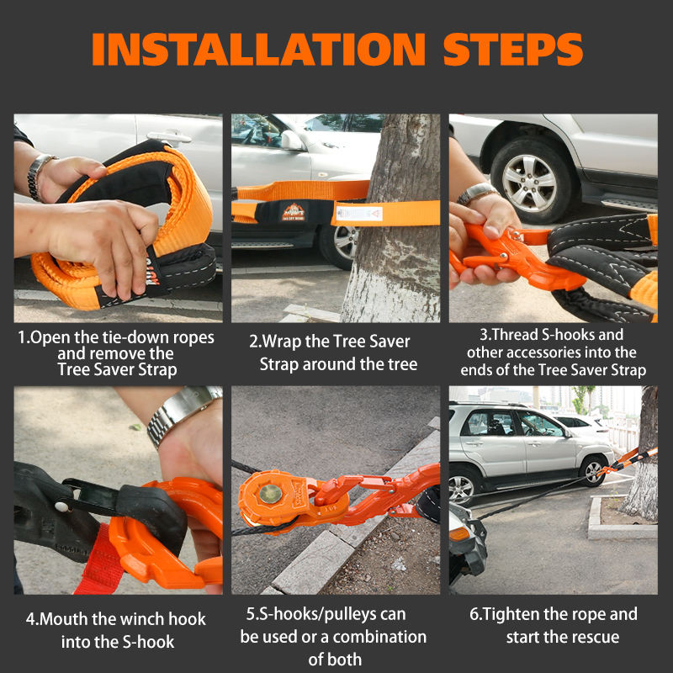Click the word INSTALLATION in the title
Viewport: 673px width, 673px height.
(258, 49)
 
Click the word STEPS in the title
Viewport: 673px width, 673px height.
(513, 49)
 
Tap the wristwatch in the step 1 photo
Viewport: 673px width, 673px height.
(39, 177)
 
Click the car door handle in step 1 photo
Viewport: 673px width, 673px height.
(169, 136)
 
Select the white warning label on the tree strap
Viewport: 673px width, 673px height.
(359, 214)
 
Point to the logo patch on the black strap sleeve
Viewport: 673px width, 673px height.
(294, 213)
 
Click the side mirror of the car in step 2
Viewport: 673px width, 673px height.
(291, 140)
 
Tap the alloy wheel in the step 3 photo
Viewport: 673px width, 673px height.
(529, 181)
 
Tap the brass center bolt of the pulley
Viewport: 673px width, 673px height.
(271, 494)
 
